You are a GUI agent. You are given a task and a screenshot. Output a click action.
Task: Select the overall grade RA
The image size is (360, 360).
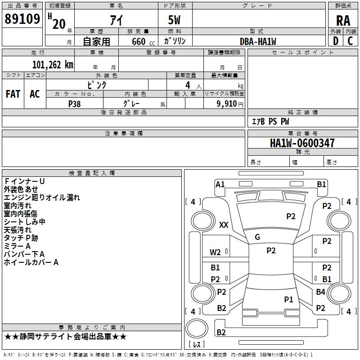point(343,20)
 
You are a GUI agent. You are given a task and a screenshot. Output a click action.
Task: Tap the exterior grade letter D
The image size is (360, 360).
point(335,40)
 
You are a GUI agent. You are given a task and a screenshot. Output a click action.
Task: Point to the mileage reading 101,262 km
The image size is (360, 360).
point(52,65)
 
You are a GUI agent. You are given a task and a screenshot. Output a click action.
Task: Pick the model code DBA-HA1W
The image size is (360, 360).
point(258,41)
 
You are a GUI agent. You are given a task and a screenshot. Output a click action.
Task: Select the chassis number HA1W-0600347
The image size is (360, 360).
point(302,143)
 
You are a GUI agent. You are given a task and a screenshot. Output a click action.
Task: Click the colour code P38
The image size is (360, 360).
point(75,103)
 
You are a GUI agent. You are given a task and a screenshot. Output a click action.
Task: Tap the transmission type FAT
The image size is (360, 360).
point(13,94)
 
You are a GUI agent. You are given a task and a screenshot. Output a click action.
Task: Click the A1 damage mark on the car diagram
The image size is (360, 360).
point(220,184)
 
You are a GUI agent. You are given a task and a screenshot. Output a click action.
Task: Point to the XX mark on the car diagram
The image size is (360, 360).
point(223,225)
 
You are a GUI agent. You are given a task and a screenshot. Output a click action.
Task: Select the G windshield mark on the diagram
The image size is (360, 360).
point(257,237)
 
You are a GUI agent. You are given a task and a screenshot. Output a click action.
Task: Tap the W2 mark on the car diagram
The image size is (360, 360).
point(215,252)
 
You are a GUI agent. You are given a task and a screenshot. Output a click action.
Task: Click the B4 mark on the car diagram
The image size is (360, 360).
point(320,292)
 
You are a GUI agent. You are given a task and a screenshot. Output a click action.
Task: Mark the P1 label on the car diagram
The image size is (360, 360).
point(288,299)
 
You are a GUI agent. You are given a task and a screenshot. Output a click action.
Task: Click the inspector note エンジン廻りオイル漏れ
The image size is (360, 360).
point(42,198)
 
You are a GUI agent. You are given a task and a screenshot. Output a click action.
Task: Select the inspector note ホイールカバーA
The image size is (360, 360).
point(31,262)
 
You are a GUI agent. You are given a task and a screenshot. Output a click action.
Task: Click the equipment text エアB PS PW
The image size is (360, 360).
point(270,121)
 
